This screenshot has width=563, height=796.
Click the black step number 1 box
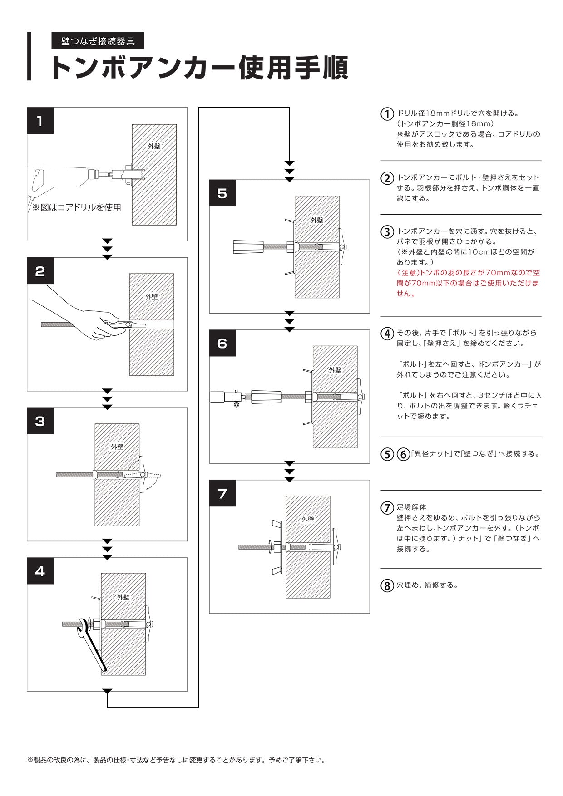(x=40, y=121)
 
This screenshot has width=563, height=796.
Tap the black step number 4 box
(x=40, y=571)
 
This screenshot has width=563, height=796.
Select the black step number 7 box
(x=222, y=493)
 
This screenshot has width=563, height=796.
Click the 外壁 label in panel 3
(x=117, y=447)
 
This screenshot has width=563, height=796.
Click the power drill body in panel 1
(x=59, y=179)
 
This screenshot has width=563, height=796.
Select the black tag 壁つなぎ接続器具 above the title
(x=98, y=41)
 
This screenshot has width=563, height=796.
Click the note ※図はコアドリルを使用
(x=76, y=208)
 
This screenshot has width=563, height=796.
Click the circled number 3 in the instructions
(x=387, y=232)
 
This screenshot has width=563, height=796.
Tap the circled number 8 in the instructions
(x=387, y=586)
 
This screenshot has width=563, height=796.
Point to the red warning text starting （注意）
(x=468, y=283)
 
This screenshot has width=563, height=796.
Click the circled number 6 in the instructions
(x=403, y=454)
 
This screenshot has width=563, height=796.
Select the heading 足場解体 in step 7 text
(x=411, y=507)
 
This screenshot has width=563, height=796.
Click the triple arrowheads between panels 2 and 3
(x=107, y=399)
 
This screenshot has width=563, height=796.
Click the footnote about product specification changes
(x=177, y=760)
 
